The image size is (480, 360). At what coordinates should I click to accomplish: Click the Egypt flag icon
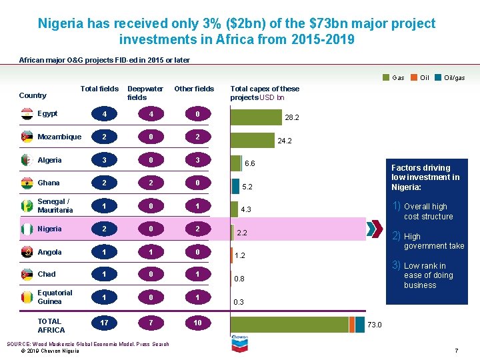pos(27,115)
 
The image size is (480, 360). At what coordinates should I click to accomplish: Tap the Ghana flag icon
pos(27,183)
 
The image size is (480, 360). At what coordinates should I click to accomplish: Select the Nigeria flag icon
pos(27,229)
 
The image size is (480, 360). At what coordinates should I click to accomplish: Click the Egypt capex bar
pos(256,117)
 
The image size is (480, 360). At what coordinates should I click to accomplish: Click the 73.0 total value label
pos(375,325)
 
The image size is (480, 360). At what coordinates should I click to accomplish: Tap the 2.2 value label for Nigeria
pos(242,233)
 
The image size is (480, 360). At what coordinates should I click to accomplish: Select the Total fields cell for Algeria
pos(103,161)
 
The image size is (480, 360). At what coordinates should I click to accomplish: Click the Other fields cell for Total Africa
pos(197,323)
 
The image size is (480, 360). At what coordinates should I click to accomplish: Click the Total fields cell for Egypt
pos(103,115)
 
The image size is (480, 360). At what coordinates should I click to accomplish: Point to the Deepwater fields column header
pos(145,93)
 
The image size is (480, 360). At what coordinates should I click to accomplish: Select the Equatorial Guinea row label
pos(55,297)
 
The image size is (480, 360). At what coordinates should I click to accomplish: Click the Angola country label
pos(49,252)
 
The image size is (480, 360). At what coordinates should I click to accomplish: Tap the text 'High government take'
pos(433,241)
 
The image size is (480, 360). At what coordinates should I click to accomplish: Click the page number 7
pos(456,351)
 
